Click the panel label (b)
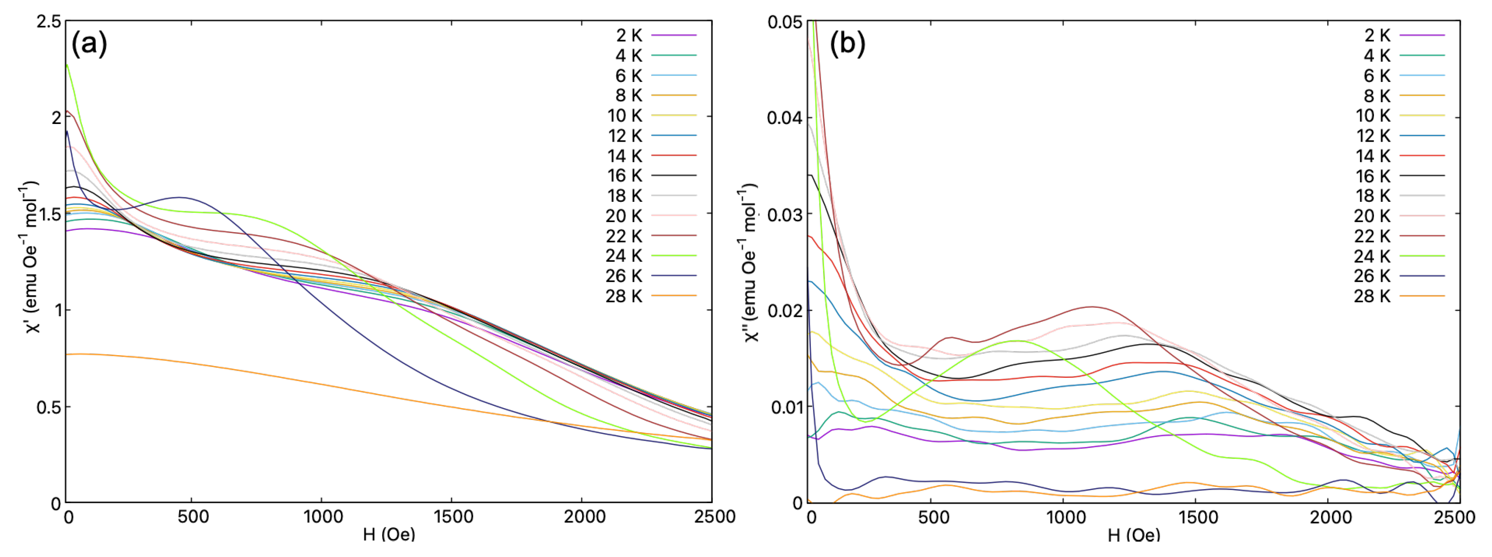(848, 43)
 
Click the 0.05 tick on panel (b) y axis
(785, 22)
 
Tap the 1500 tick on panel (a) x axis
(453, 516)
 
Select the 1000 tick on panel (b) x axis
(1066, 516)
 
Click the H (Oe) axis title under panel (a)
(388, 534)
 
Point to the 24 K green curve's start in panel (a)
(67, 64)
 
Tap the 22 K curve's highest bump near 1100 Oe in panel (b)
(1091, 307)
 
